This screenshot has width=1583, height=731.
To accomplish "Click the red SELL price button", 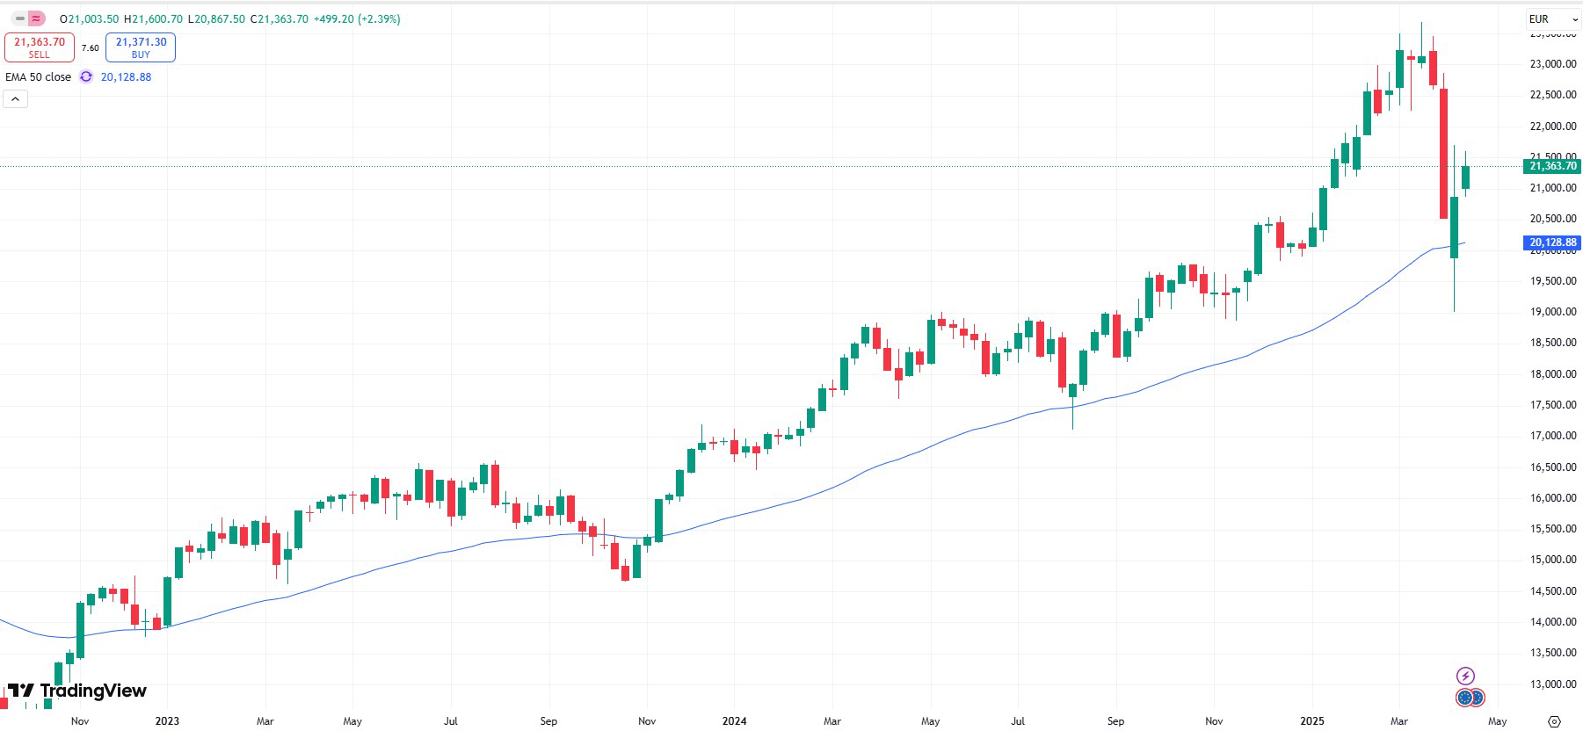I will [40, 47].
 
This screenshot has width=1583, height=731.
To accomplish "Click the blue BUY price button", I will [141, 47].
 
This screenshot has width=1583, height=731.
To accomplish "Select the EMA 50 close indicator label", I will [39, 77].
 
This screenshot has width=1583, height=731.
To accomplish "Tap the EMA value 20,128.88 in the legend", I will [126, 77].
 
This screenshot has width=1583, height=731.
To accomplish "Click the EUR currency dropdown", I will [1553, 18].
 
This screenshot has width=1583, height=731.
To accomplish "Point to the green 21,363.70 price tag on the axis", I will [1552, 166].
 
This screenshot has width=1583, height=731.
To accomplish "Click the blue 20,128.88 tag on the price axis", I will [1552, 242].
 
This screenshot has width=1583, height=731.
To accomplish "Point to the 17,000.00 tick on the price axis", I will [1553, 436].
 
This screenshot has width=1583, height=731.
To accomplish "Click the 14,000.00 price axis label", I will [1553, 622].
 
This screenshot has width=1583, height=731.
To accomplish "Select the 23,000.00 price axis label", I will [1553, 64].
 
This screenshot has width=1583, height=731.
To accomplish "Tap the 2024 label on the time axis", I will [734, 721].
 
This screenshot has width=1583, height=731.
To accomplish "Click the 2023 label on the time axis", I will [166, 721].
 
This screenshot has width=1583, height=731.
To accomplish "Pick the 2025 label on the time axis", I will [1311, 721].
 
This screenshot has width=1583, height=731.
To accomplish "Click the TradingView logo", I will [77, 691].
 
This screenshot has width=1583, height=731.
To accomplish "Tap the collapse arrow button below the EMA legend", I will [16, 99].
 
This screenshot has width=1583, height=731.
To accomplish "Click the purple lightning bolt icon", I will [1465, 676].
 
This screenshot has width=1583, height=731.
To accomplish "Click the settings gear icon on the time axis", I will [1554, 721].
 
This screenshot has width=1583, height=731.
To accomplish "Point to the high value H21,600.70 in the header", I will [154, 18].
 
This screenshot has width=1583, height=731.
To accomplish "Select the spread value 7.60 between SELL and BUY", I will [91, 48].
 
